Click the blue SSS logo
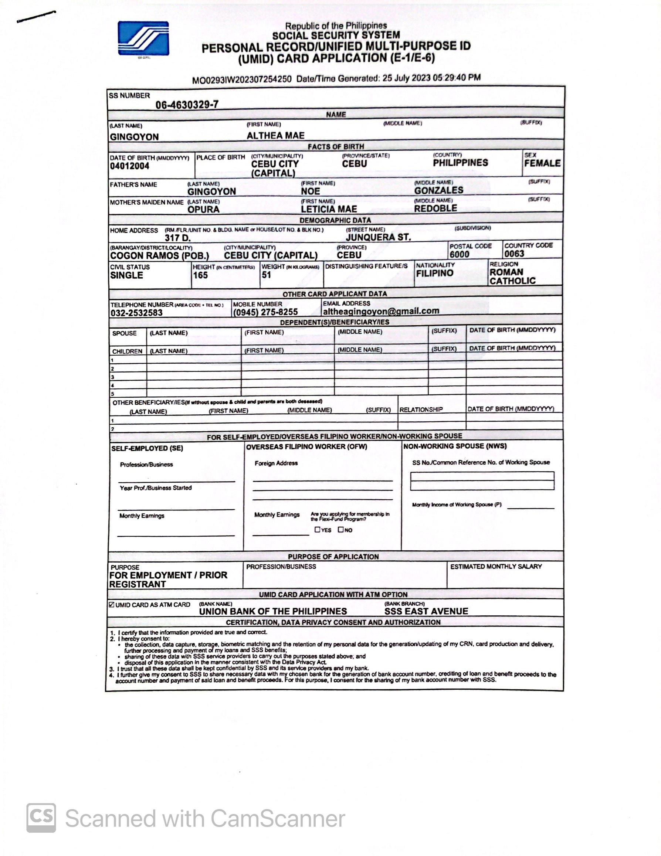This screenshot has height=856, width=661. click(x=143, y=38)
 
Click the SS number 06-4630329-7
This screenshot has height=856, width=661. click(x=187, y=105)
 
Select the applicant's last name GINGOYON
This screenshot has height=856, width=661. click(x=134, y=137)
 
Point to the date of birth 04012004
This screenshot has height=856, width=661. click(x=129, y=166)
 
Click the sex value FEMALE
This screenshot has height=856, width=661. click(x=542, y=163)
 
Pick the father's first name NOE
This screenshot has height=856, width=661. click(x=310, y=191)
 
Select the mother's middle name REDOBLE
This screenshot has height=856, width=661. click(x=435, y=208)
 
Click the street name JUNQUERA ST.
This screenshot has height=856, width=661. click(x=378, y=237)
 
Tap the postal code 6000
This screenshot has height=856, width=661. click(x=459, y=254)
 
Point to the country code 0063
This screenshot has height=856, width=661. click(x=514, y=254)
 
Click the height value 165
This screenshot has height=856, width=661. click(x=200, y=275)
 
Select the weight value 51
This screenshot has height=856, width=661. click(x=266, y=275)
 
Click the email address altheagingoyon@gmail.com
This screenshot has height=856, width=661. click(x=381, y=311)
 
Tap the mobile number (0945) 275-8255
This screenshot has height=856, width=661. click(x=265, y=312)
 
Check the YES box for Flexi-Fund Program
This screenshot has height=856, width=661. click(x=317, y=530)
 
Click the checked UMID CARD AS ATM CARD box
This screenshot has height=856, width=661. click(x=112, y=605)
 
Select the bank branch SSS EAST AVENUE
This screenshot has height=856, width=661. click(x=426, y=611)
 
